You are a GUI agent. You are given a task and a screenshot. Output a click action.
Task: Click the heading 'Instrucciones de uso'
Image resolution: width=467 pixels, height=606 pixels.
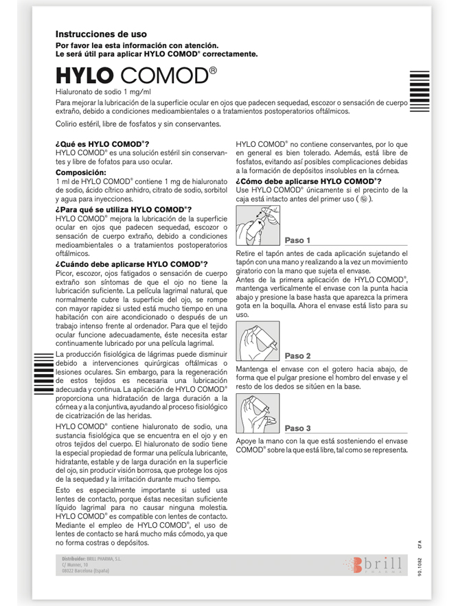(x=101, y=34)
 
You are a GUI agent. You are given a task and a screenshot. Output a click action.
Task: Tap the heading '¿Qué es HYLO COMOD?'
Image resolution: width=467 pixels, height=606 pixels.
(x=102, y=144)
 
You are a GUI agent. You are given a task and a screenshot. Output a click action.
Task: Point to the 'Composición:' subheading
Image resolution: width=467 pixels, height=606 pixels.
(x=81, y=172)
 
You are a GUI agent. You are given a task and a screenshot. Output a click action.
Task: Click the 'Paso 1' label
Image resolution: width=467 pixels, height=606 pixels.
(x=299, y=240)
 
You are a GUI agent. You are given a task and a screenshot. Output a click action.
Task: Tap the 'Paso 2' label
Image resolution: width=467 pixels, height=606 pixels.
(x=299, y=356)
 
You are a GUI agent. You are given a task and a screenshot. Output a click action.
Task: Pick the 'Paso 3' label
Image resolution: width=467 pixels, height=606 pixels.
(x=299, y=428)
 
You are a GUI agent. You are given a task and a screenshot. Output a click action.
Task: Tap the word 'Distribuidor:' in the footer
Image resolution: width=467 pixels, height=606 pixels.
(x=73, y=559)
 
